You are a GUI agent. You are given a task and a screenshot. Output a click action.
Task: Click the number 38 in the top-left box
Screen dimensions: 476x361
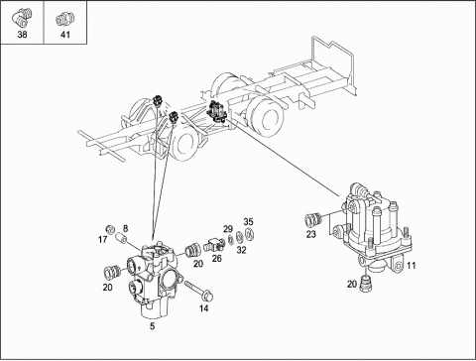(22, 35)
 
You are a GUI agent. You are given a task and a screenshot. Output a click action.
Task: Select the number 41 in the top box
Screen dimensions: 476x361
(65, 35)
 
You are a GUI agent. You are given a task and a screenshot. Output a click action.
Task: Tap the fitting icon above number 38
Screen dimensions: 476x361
(22, 18)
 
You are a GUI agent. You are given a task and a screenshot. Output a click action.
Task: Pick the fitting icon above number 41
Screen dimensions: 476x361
(64, 19)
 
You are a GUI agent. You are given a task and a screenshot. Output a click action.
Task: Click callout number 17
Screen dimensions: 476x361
(103, 239)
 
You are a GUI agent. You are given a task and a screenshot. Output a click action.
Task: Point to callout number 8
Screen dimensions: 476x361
(125, 228)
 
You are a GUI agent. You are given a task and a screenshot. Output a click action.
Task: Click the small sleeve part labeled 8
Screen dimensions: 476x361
(121, 237)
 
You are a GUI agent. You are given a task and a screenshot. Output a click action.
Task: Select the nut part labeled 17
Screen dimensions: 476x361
(110, 229)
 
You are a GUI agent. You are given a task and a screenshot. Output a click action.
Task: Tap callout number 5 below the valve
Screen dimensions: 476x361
(152, 326)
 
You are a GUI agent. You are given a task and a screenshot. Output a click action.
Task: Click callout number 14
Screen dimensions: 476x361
(204, 308)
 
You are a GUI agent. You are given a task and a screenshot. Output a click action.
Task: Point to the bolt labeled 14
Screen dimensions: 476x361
(198, 291)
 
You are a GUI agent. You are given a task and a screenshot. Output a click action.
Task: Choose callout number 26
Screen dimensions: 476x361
(217, 259)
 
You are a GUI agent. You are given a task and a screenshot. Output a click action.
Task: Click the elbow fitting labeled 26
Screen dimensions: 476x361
(213, 245)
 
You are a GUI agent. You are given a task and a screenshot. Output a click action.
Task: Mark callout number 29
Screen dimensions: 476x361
(228, 229)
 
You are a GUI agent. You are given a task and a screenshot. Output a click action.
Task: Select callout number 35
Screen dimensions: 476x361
(248, 222)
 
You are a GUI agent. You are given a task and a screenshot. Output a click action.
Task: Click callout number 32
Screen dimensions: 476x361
(242, 250)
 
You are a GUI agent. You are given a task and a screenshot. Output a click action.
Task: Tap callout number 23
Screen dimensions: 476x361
(311, 234)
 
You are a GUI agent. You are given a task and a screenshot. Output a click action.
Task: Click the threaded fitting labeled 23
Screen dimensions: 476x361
(312, 219)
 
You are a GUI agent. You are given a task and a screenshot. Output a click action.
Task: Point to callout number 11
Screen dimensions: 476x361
(412, 265)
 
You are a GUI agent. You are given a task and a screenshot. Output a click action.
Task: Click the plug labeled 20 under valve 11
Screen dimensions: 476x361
(365, 284)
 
